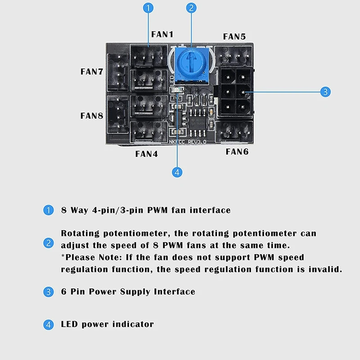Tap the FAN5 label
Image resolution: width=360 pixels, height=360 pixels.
pyautogui.click(x=234, y=36)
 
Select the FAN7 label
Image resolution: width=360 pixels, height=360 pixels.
pyautogui.click(x=92, y=72)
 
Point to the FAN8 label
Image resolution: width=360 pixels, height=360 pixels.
pyautogui.click(x=92, y=116)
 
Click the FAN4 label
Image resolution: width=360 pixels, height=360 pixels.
pyautogui.click(x=147, y=154)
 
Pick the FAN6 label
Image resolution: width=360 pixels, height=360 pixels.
pyautogui.click(x=237, y=152)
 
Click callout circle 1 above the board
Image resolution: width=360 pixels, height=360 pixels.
pyautogui.click(x=148, y=8)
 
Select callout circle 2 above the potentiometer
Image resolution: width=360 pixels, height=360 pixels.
pyautogui.click(x=192, y=8)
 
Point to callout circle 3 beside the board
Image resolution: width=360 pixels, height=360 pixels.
pyautogui.click(x=325, y=92)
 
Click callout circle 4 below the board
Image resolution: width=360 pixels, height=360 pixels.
pyautogui.click(x=178, y=171)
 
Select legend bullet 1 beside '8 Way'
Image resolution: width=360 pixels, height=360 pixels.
pyautogui.click(x=48, y=210)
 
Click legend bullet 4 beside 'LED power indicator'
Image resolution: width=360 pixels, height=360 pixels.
pyautogui.click(x=48, y=324)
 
